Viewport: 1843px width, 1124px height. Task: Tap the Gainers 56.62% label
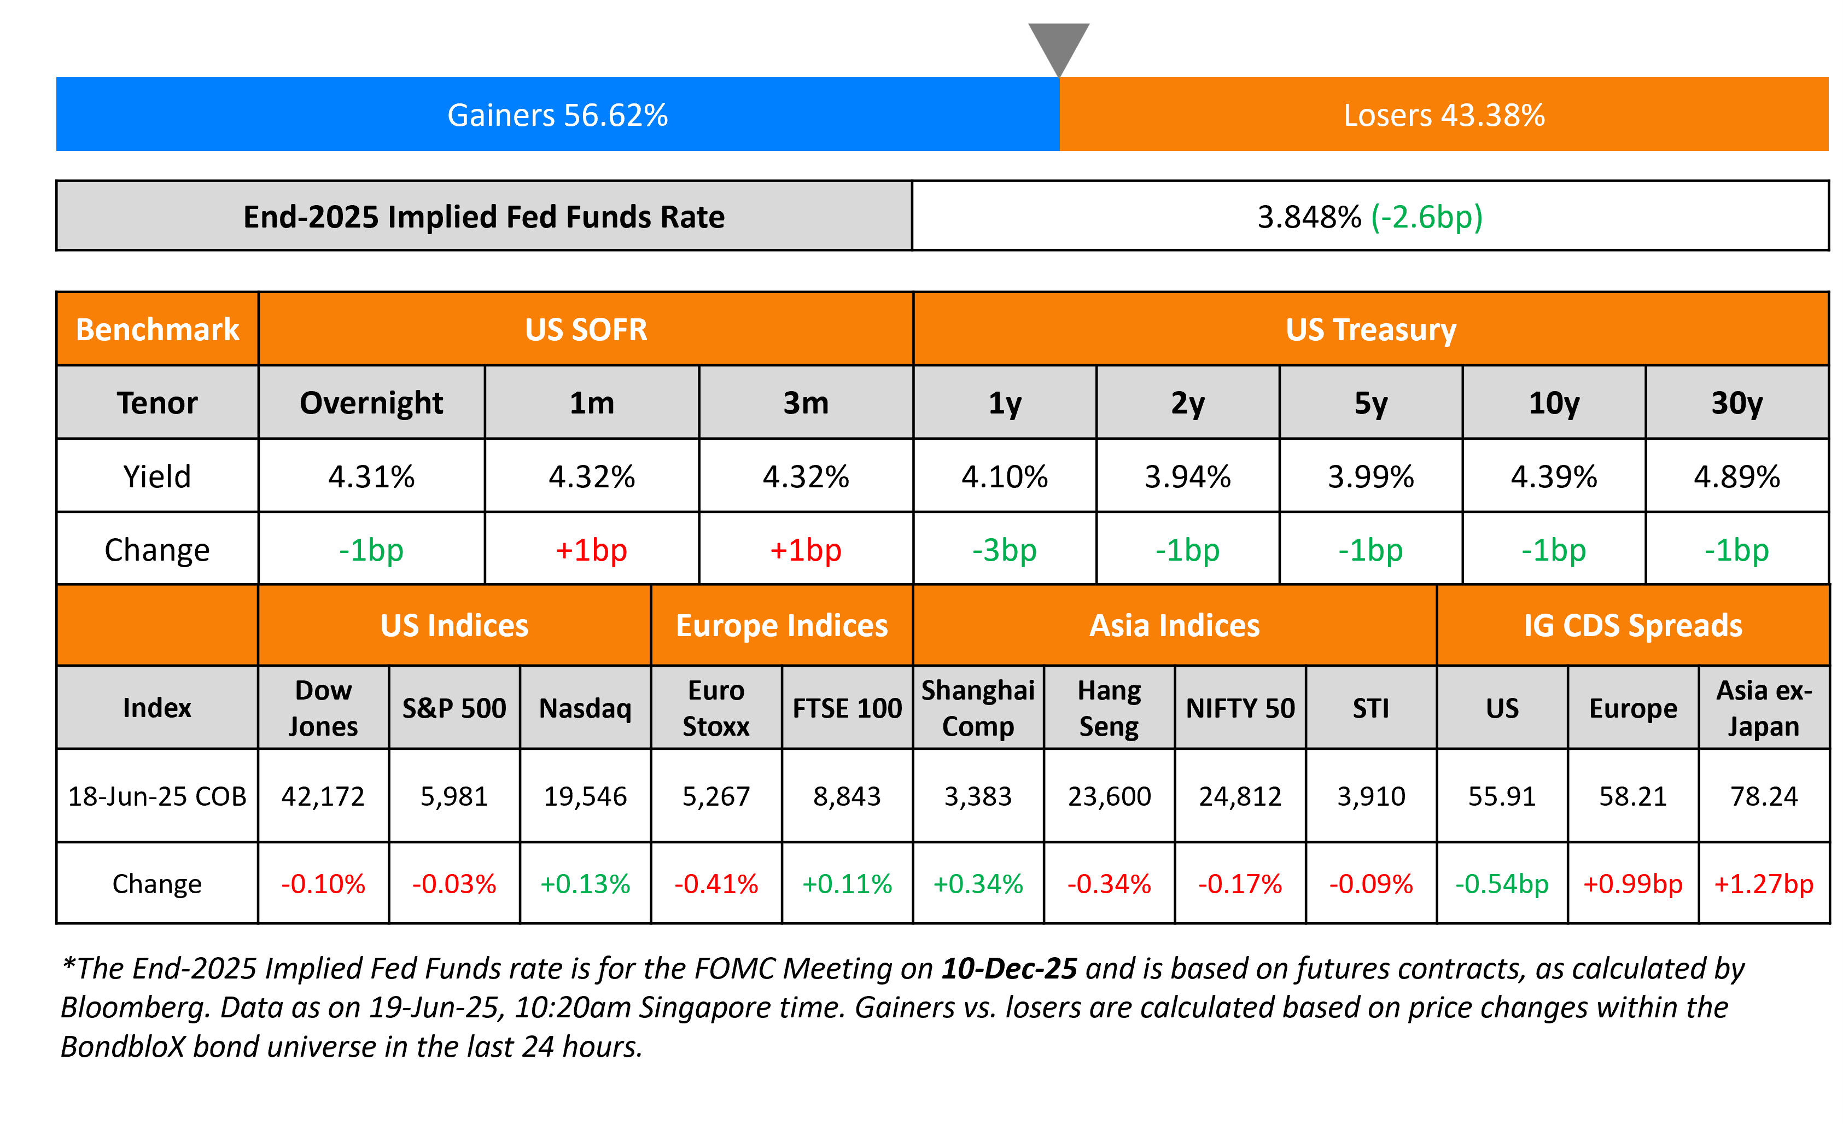557,115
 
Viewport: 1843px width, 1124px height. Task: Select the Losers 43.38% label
1444,115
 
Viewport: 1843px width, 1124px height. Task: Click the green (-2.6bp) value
1426,217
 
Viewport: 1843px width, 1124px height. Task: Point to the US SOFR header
586,330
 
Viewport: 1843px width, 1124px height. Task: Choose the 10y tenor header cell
1554,403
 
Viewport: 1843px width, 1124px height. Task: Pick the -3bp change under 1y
1005,550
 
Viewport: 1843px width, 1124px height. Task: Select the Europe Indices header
781,626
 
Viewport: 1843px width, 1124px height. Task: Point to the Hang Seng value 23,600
1109,796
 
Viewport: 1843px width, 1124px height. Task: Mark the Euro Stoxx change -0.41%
716,884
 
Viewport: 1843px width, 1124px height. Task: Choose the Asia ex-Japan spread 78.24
1764,796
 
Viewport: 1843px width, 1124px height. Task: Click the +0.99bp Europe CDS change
1633,884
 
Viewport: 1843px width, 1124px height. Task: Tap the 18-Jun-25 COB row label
157,796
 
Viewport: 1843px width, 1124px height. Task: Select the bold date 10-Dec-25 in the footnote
1009,969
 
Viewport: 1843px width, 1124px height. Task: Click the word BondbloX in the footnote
122,1047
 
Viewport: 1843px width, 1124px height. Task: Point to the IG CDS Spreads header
1633,626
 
